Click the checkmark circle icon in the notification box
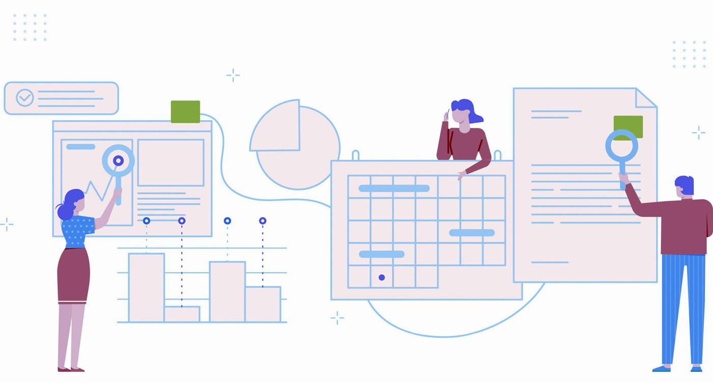coord(24,97)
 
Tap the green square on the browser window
coord(185,112)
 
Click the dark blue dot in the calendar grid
coord(381,278)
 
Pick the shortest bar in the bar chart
coord(182,314)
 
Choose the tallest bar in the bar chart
coord(146,288)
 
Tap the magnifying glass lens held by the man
coord(621,146)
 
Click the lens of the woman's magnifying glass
coord(118,161)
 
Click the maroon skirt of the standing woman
coord(73,275)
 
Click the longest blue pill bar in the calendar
coord(394,188)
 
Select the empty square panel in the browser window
coord(171,162)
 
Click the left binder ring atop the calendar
coord(355,155)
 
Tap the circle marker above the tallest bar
coord(146,221)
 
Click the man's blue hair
coord(685,184)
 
